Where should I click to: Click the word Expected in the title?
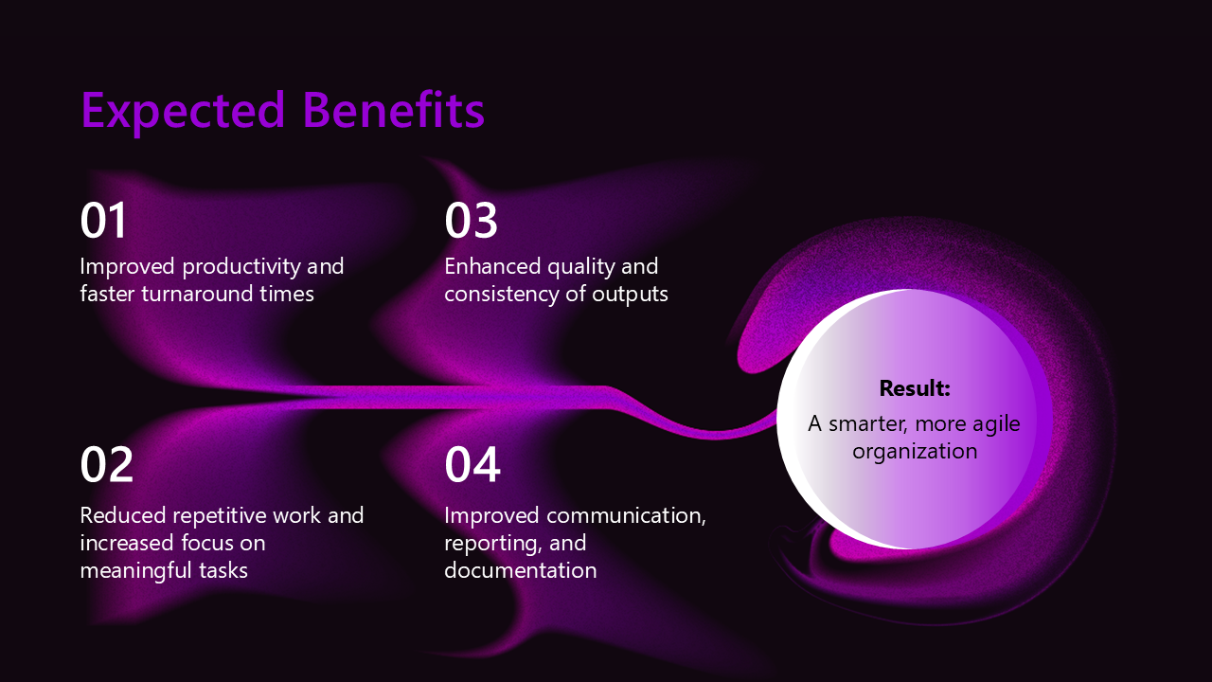point(183,112)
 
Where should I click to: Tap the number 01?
point(103,221)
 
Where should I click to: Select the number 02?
point(106,464)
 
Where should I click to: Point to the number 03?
point(471,221)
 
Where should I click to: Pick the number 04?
point(472,464)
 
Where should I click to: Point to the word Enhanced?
point(491,266)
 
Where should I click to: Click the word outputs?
point(630,295)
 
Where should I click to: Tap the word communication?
point(627,516)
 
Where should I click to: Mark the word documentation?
point(521,570)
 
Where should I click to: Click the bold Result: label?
point(915,388)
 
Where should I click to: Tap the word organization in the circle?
point(915,453)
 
